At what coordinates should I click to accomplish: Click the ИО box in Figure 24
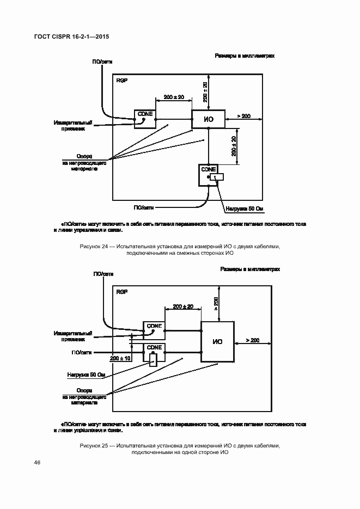208,119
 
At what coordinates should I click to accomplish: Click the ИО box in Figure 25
217,341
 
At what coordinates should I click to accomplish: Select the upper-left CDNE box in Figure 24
144,118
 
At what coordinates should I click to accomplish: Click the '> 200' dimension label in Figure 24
243,116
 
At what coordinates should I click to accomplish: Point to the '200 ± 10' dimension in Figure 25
120,358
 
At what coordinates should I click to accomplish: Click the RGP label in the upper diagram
121,80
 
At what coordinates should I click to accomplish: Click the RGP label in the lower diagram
121,292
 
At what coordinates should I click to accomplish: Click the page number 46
37,463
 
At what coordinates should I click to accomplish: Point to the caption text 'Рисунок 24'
94,247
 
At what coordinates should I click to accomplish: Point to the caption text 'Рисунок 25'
94,446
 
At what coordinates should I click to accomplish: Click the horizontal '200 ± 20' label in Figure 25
182,307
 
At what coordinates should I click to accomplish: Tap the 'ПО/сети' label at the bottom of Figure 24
143,207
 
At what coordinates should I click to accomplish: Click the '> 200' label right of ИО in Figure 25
252,340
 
